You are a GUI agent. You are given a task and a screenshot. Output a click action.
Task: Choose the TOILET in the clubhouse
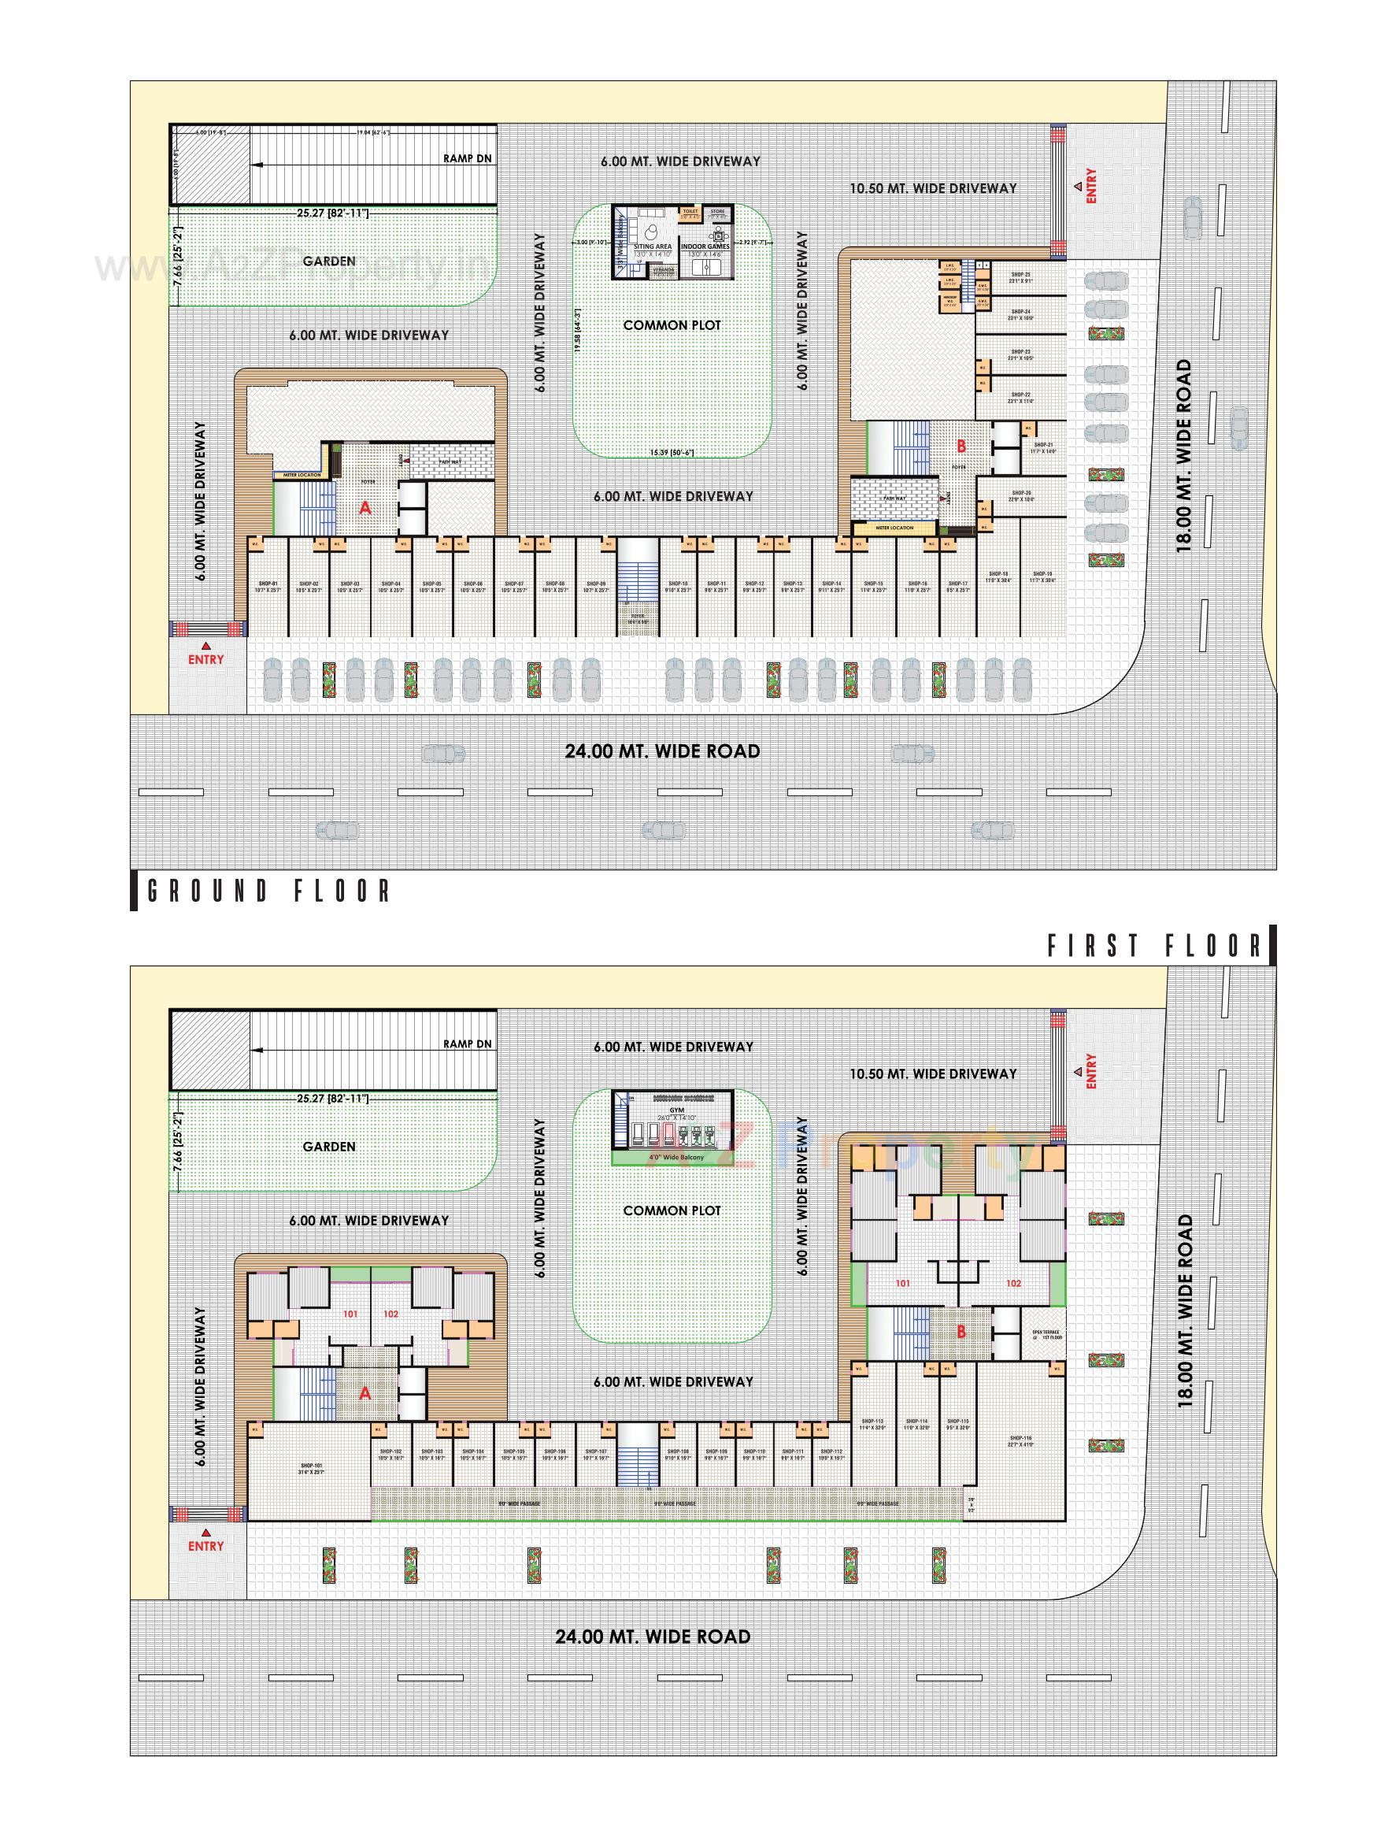690,213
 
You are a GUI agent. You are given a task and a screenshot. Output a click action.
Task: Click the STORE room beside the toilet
717,213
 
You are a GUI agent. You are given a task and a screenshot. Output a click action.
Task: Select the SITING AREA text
653,247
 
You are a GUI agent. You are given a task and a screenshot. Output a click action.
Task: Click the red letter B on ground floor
961,447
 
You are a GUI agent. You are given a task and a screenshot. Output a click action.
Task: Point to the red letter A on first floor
365,1393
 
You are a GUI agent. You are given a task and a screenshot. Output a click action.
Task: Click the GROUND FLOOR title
268,892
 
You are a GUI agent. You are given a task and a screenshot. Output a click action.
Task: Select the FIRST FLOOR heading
1154,946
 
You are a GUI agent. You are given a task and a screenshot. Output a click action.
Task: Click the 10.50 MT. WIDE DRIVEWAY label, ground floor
933,188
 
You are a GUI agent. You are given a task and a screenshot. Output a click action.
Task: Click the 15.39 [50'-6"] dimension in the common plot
672,452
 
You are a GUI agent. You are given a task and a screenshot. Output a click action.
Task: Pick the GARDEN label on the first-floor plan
329,1147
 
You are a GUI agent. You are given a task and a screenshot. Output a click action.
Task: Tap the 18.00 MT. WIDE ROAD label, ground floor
1183,454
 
